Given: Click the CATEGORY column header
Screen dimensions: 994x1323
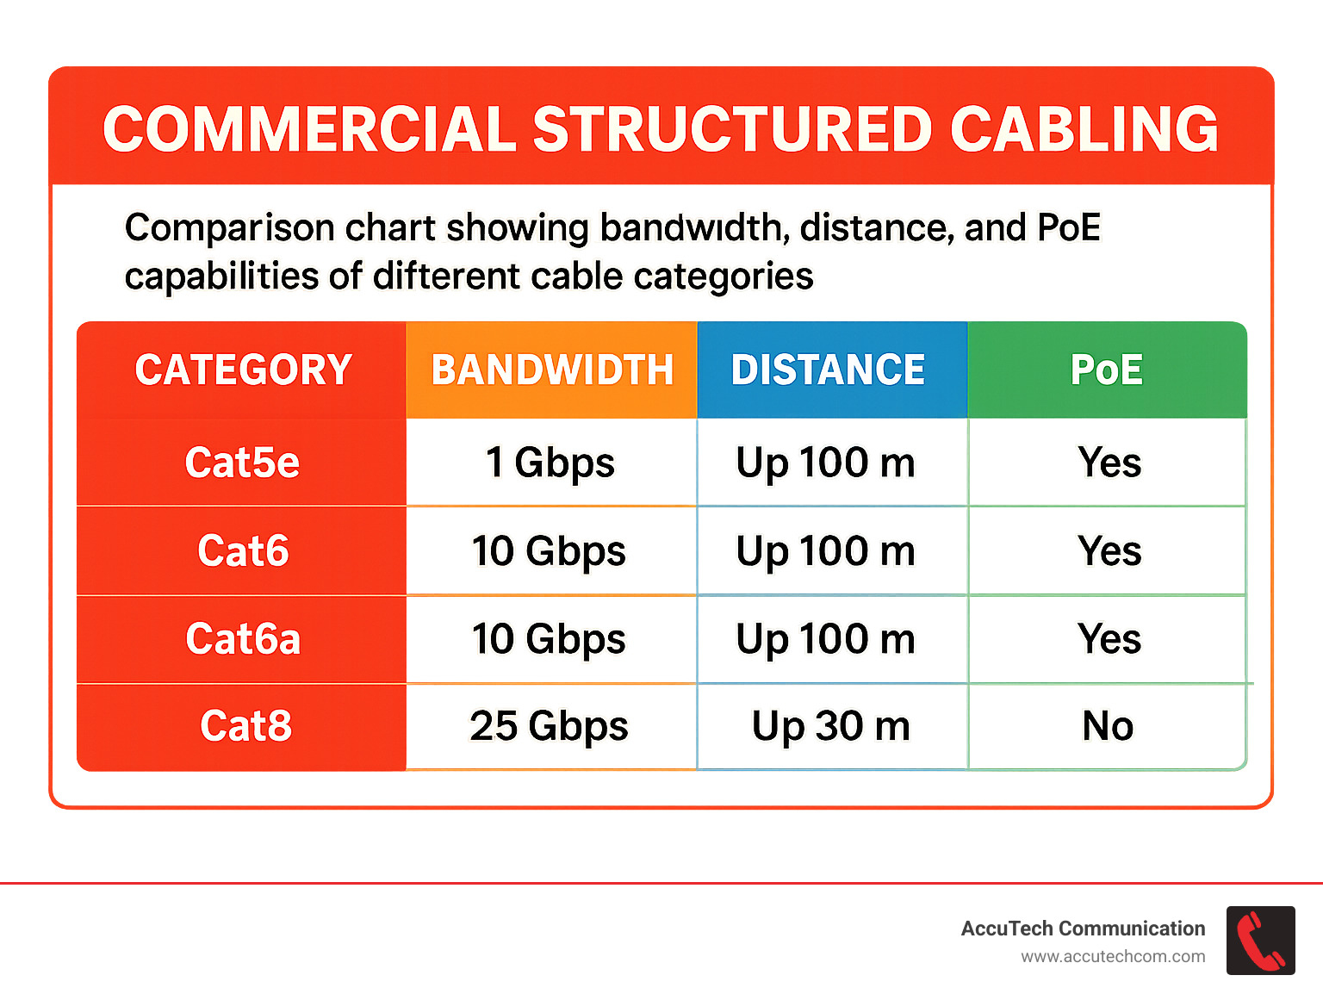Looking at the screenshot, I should (243, 370).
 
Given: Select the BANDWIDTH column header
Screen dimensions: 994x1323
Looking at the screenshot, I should (551, 370).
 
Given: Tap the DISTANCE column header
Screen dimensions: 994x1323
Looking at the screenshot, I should (828, 370).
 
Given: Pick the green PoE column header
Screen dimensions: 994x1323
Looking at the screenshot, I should (1107, 370).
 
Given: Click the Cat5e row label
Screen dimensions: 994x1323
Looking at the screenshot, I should (242, 463).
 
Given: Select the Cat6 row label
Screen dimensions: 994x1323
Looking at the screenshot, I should (243, 551).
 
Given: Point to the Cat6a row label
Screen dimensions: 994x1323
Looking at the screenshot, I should (243, 639).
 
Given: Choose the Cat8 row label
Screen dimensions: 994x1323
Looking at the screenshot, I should (245, 726).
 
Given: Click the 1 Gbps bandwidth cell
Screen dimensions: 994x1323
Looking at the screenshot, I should (550, 463).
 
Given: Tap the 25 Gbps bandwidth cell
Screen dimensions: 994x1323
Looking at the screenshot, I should (549, 726).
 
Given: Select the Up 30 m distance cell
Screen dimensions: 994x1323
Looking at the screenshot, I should (830, 726).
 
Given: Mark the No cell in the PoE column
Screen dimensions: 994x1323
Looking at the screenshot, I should (1108, 726).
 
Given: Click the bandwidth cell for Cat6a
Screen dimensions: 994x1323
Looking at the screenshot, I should (549, 639).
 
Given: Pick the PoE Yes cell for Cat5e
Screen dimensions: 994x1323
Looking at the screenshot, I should (1109, 463).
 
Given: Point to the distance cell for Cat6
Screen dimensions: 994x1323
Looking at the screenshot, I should (825, 551).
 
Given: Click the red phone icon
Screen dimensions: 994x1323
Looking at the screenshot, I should (1260, 941).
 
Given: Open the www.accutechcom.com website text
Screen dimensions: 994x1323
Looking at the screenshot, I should (1113, 957).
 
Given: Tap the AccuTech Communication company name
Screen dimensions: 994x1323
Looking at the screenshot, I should (1083, 929).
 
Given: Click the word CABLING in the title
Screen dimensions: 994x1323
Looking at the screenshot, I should (1084, 130).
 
